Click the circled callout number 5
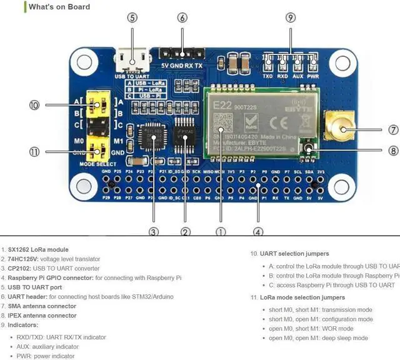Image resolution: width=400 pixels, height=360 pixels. point(132,18)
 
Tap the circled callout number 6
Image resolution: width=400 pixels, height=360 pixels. point(182,18)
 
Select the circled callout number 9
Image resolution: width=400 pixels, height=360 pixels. point(290,18)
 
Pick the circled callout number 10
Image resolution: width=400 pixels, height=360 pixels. point(34,105)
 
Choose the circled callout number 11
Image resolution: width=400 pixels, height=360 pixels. point(34,151)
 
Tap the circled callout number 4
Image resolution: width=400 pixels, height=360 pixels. point(258,231)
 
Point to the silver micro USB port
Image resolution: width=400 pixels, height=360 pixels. point(132,61)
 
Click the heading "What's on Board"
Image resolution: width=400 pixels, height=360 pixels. point(59,7)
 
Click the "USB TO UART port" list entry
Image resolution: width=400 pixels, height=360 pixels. point(37,287)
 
